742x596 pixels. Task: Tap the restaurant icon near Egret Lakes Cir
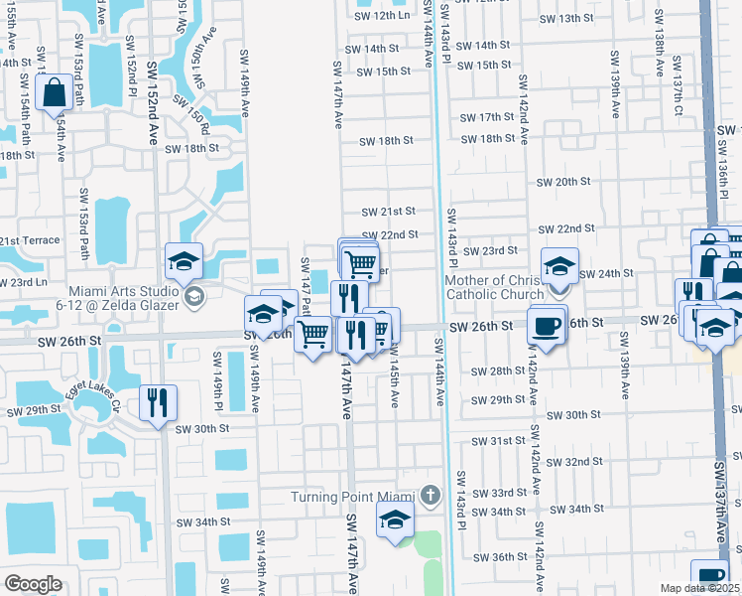tap(158, 402)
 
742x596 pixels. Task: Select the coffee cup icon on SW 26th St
tap(548, 325)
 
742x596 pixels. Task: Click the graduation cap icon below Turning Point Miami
tap(395, 521)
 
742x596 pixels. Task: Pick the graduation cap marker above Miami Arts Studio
tap(185, 261)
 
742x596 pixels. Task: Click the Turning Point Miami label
tap(352, 497)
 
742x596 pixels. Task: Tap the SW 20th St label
tap(562, 183)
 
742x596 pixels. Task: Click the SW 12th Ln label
tap(382, 15)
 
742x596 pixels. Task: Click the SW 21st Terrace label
tap(30, 241)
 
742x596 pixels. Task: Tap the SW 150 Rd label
tap(190, 115)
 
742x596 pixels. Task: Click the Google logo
tap(33, 584)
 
